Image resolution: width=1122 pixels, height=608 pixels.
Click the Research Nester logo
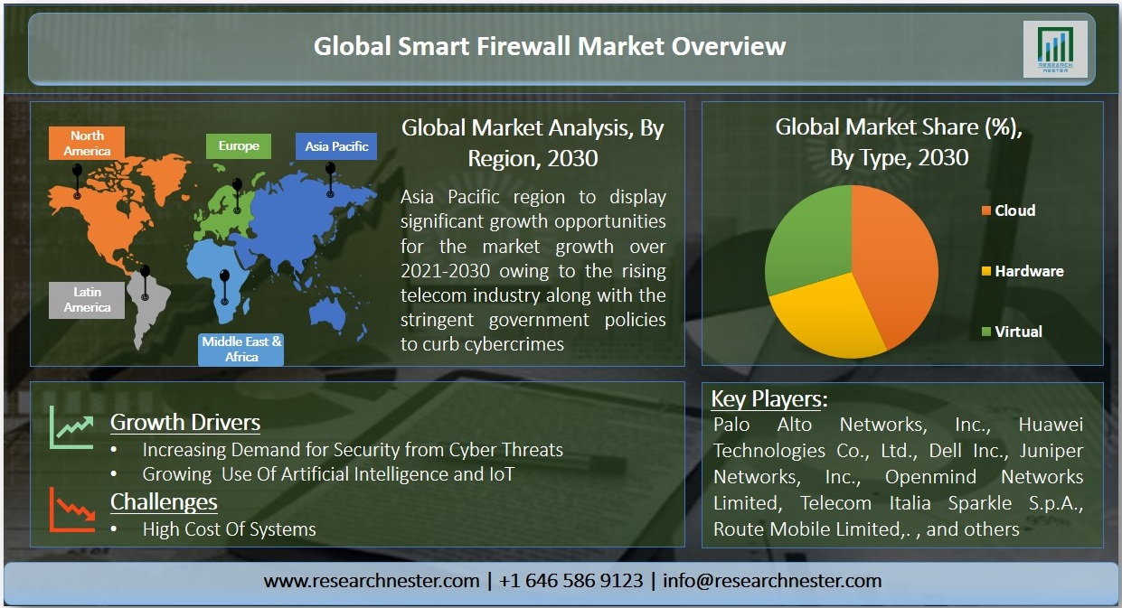(1055, 49)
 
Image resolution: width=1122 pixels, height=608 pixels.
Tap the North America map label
(87, 143)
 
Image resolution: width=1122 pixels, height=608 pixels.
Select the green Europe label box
(239, 146)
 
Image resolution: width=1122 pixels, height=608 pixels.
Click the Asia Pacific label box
(336, 146)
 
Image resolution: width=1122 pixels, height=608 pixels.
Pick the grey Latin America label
(87, 300)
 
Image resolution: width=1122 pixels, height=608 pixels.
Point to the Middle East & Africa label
(240, 350)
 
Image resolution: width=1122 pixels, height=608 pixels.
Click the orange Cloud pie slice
(897, 260)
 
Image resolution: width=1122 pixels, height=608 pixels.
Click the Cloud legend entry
(1008, 210)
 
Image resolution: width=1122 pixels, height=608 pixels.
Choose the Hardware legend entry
(1023, 271)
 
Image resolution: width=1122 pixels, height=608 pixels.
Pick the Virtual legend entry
(1012, 332)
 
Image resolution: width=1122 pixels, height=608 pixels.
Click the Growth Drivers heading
(185, 423)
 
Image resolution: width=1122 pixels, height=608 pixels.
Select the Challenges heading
(164, 502)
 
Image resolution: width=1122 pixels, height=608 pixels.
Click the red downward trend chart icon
(71, 510)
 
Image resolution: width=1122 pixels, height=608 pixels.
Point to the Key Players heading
(769, 399)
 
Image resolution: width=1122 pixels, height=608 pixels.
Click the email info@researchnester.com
(772, 581)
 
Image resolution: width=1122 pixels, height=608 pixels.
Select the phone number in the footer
(571, 581)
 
